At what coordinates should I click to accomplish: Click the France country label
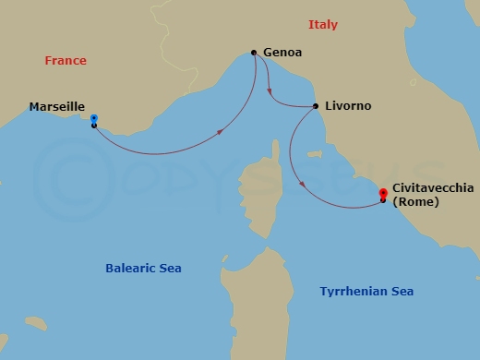pos(66,61)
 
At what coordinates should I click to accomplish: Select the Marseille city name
pos(57,107)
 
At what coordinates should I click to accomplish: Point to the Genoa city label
pos(282,53)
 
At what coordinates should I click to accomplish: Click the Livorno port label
pos(349,106)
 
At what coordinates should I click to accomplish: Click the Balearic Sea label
pos(143,269)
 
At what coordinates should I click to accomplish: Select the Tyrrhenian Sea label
pos(366,292)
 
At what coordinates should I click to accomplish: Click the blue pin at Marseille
pos(94,119)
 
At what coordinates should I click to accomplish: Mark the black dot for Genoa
pos(254,53)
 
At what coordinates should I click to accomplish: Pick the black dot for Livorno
pos(317,106)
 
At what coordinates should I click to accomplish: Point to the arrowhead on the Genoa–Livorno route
pos(269,92)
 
